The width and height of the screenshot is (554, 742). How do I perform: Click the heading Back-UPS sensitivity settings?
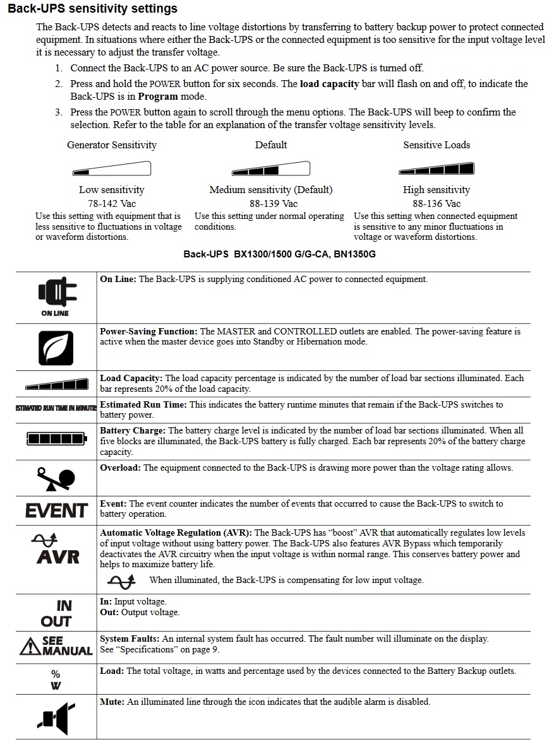coord(92,9)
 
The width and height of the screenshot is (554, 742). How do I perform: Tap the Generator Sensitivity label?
coord(112,145)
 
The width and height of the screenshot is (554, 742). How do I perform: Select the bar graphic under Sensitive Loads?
coord(437,168)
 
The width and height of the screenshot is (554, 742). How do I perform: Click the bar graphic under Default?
coord(271,168)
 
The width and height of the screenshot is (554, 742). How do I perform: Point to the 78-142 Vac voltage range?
coord(112,203)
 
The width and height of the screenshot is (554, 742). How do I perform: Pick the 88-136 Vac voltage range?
coord(437,203)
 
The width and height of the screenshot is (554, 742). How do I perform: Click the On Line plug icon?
coord(56,292)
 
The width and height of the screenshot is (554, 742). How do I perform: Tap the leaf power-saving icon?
coord(56,348)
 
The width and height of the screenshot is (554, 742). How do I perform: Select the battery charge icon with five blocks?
coord(56,439)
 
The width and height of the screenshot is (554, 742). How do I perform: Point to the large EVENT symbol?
coord(56,510)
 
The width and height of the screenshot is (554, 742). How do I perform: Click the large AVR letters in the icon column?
coord(57,557)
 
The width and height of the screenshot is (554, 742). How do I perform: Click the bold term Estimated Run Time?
coord(143,404)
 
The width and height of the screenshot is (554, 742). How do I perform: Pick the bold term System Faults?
coord(129,639)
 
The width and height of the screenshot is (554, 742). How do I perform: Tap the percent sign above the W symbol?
coord(56,674)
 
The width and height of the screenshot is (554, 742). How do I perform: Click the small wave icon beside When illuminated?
coord(121,580)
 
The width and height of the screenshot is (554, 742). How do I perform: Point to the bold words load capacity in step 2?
coord(329,84)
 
